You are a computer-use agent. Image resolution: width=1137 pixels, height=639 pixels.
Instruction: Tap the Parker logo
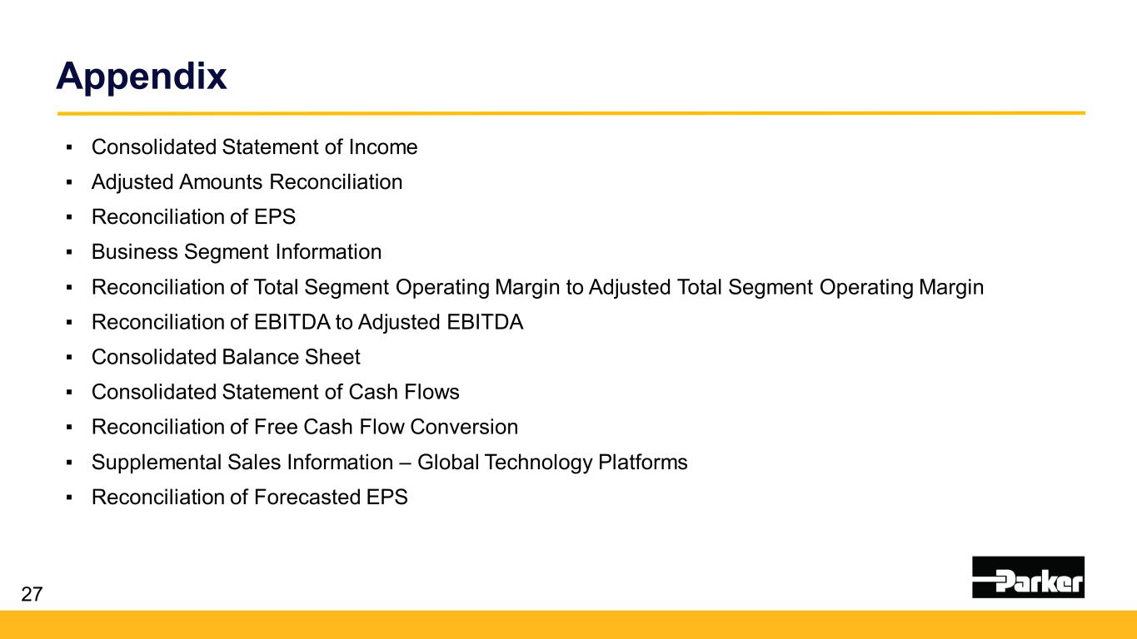click(x=1028, y=577)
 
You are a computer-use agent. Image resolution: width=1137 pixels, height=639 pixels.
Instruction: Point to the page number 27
click(x=32, y=594)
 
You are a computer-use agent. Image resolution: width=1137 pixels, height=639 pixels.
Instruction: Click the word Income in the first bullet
click(x=382, y=147)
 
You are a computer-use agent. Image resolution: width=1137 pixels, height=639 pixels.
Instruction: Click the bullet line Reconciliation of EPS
click(x=193, y=217)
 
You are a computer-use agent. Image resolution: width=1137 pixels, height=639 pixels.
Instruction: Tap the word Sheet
click(x=332, y=357)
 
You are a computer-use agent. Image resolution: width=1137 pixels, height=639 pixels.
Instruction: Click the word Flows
click(x=431, y=392)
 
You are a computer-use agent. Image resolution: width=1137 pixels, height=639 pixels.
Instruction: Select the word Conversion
click(x=464, y=427)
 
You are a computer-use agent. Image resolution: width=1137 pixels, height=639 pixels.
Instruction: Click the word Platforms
click(x=642, y=462)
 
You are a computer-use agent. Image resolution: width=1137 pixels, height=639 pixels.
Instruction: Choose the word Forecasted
click(x=307, y=497)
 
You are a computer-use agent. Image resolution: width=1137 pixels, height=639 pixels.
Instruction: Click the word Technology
click(x=538, y=463)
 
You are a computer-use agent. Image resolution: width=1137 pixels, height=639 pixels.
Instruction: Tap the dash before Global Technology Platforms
click(x=405, y=463)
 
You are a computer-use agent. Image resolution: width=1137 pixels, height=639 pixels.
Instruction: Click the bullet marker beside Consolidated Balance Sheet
click(x=69, y=358)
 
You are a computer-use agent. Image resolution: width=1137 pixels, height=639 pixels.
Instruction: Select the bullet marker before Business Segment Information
click(x=69, y=252)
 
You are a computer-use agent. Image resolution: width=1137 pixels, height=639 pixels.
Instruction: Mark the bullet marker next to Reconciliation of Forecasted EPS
click(x=69, y=498)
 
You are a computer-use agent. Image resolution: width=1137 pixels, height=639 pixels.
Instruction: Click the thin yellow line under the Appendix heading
click(x=571, y=113)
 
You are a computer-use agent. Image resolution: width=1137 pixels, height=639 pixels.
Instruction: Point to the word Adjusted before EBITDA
click(x=399, y=323)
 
